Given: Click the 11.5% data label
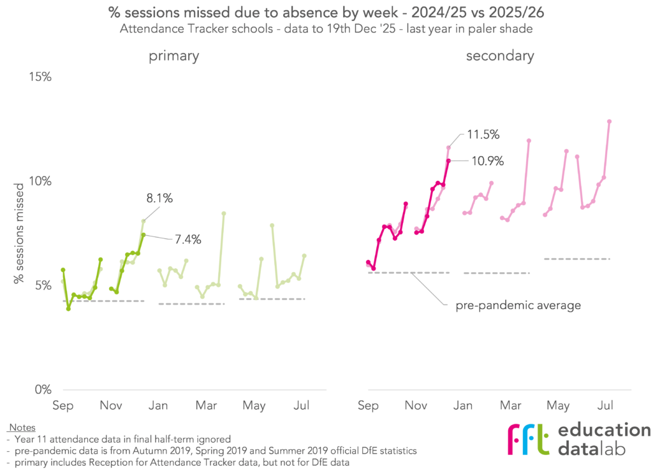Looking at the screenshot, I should (x=482, y=135).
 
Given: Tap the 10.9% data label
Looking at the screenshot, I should (x=487, y=161).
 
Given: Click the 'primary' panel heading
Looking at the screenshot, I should (x=174, y=56).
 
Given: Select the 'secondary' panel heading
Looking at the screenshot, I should (x=500, y=56).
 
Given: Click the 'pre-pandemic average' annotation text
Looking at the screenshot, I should (x=518, y=305).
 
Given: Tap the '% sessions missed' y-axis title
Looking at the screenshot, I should (x=21, y=231).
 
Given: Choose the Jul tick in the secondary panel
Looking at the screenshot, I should (x=605, y=405).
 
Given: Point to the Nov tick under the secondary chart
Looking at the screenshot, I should (x=416, y=405).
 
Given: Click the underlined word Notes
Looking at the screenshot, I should (x=22, y=428).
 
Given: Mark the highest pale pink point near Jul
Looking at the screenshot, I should (x=609, y=121).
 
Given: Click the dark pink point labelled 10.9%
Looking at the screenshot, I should (x=448, y=161).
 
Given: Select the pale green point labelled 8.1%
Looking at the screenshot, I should (x=143, y=221).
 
